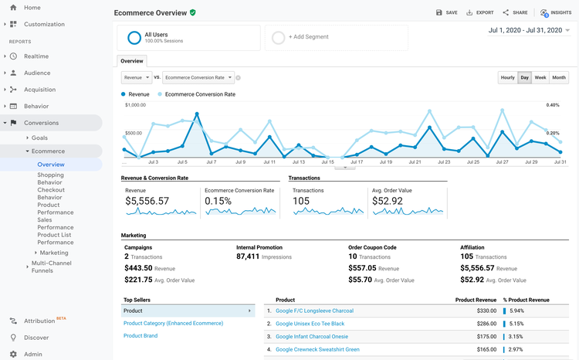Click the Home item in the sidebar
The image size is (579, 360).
click(x=32, y=8)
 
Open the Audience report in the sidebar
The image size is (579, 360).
click(x=37, y=73)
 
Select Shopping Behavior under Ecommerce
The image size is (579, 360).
click(x=50, y=179)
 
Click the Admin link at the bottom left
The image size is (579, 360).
click(x=33, y=354)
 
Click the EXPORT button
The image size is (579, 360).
click(x=480, y=12)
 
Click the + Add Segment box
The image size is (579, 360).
click(x=309, y=36)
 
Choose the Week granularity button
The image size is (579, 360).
click(x=540, y=77)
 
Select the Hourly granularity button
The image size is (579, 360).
click(x=507, y=77)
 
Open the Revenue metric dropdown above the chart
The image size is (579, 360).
click(x=137, y=77)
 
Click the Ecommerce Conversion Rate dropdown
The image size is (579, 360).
click(x=198, y=77)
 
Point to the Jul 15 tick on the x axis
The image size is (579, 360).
click(x=327, y=162)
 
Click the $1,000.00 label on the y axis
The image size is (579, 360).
click(x=135, y=105)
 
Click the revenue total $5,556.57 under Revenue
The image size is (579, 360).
click(x=147, y=202)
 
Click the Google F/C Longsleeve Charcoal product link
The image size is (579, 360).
click(x=314, y=311)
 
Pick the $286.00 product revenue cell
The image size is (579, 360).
click(x=486, y=324)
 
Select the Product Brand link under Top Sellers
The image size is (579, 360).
click(x=141, y=335)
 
